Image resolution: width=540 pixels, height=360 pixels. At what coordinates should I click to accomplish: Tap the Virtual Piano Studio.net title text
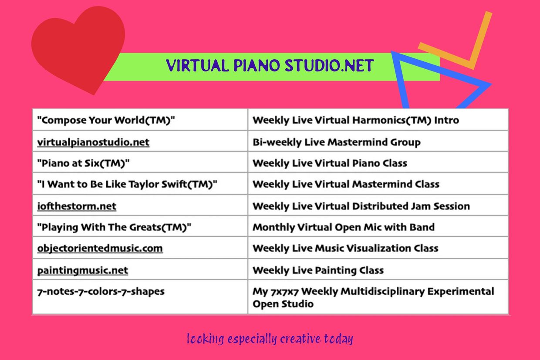(270, 66)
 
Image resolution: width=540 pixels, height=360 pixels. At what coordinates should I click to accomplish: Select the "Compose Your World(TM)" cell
(106, 120)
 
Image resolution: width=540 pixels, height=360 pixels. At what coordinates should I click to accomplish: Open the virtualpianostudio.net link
(93, 142)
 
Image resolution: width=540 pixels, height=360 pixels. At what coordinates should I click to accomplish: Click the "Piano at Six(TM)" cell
(84, 163)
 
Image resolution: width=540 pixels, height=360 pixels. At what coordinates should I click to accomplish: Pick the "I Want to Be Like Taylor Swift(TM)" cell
(127, 184)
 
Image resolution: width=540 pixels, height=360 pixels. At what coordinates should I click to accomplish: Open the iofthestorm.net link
(77, 206)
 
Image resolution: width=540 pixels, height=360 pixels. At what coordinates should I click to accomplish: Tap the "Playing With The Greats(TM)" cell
(114, 227)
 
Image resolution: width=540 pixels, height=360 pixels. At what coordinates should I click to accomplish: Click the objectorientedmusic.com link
(100, 248)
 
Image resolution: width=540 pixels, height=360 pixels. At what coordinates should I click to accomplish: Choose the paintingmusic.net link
(83, 270)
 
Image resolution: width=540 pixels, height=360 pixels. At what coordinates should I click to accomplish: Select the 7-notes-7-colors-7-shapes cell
(101, 291)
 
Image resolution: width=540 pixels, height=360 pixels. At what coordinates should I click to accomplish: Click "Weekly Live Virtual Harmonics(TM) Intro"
(355, 120)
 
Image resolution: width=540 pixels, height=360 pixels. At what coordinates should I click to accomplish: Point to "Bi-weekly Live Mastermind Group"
(336, 142)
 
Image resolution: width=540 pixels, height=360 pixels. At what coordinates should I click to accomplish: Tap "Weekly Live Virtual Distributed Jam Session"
(361, 206)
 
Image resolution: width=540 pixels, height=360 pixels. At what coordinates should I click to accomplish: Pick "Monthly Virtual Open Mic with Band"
(343, 227)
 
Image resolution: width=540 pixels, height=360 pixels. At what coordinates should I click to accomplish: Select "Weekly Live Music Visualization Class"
(345, 248)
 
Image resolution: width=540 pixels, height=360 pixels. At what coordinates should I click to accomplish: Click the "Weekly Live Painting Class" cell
(318, 270)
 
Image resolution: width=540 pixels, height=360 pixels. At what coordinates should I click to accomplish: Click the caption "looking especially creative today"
(270, 339)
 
